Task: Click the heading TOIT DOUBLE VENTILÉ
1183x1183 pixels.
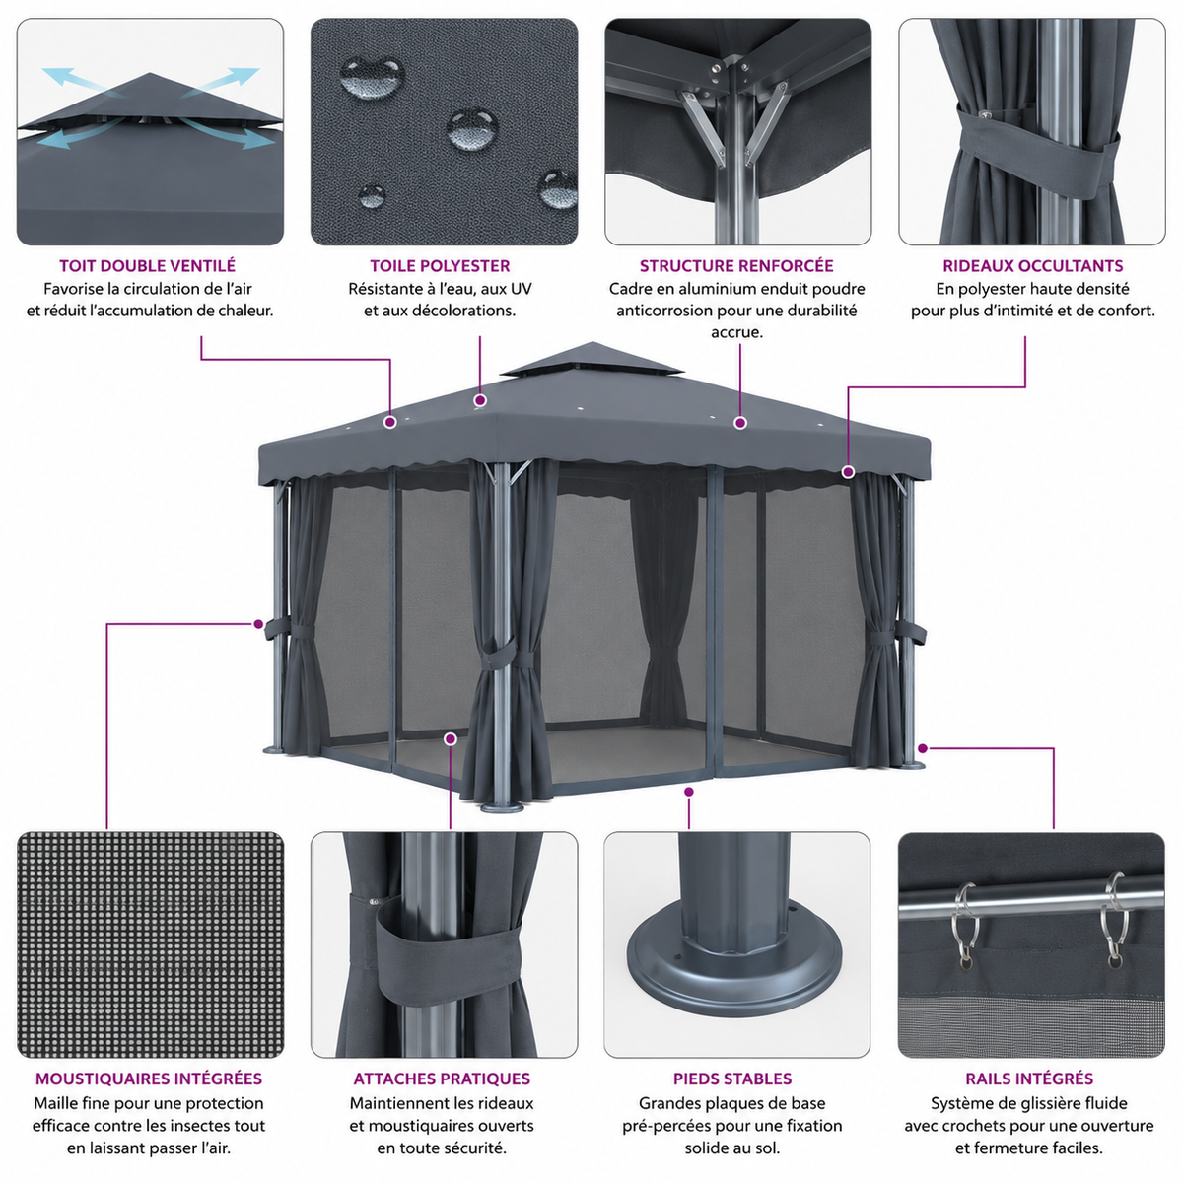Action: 147,266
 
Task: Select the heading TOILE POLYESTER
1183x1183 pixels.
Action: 440,266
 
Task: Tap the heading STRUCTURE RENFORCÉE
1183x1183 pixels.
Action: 736,266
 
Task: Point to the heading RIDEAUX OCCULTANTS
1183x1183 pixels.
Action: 1032,266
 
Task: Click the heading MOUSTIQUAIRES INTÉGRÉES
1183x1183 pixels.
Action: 149,1079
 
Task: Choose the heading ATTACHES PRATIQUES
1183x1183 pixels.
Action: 442,1079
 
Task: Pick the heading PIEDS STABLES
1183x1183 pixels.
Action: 732,1079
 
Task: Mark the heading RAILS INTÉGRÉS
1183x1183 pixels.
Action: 1029,1079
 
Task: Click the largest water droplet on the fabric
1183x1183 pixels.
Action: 372,77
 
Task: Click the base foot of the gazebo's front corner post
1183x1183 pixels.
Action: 502,806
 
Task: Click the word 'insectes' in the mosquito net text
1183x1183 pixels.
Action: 203,1126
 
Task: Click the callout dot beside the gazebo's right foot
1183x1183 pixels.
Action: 923,747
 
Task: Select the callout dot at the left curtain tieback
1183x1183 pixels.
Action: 258,624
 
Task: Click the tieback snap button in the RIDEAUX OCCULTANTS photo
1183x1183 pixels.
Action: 987,113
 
